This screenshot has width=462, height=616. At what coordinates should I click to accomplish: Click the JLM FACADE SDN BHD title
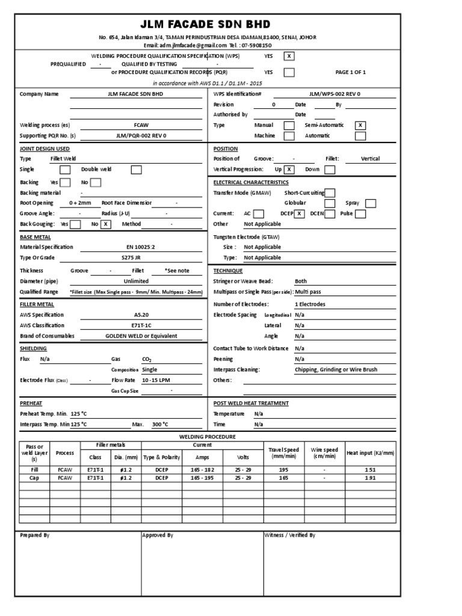(206, 25)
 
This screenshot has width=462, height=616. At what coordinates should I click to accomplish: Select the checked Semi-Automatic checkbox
(360, 125)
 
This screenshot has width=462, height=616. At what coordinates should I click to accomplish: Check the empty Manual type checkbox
(289, 125)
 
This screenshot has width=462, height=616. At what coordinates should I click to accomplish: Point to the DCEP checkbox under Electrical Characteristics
(299, 214)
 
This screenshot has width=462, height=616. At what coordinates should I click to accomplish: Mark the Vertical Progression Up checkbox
(290, 170)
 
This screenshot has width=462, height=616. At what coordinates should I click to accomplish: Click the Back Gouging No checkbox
(106, 224)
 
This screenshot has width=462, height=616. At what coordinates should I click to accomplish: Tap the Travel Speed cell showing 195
(283, 469)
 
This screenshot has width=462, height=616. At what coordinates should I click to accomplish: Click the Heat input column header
(371, 452)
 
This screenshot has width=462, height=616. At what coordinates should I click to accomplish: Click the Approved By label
(158, 535)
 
